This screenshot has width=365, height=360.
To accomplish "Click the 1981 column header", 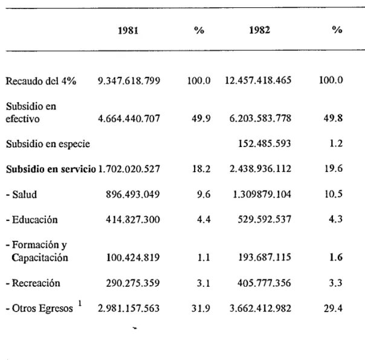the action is click(x=128, y=30).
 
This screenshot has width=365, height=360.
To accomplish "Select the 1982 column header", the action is click(x=260, y=30).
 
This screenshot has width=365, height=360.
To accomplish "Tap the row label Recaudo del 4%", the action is click(x=40, y=81).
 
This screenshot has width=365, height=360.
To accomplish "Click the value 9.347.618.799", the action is click(x=129, y=80).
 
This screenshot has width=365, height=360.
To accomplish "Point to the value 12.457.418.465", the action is click(x=258, y=80).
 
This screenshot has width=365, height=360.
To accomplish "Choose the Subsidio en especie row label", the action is click(x=48, y=144).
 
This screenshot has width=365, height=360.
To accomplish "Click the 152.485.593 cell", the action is click(x=265, y=143).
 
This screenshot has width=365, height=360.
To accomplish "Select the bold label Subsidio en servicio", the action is click(x=51, y=169).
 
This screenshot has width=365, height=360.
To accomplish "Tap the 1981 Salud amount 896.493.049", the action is click(x=133, y=194).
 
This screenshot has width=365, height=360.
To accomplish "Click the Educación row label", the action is click(x=32, y=220).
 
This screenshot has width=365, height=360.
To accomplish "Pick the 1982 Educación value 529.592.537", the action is click(x=265, y=219).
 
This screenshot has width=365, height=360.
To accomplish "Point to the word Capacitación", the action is click(x=40, y=258).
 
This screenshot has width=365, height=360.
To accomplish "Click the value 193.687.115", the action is click(x=265, y=257).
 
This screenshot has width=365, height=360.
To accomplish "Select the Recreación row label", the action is click(x=33, y=283).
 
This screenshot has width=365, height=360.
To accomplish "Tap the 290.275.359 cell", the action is click(x=133, y=283).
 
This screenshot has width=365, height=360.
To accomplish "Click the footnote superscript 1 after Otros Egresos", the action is click(x=80, y=303).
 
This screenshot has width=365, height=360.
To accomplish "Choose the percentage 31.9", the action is click(x=201, y=309).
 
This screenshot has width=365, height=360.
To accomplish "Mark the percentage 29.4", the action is click(x=333, y=309).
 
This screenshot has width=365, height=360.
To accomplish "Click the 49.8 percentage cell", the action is click(x=333, y=118).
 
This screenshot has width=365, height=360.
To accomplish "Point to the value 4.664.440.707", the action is click(x=129, y=119).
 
